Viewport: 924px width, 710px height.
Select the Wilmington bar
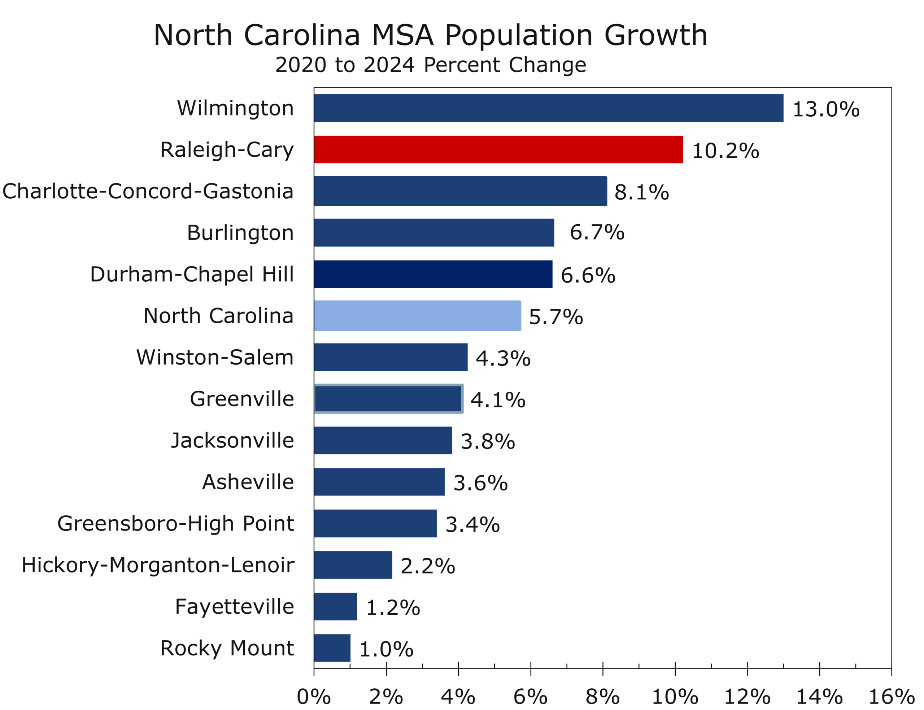[548, 108]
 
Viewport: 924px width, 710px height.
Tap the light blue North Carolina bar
[417, 316]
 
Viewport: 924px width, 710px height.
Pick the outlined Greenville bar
[388, 399]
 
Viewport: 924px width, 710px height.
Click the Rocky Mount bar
[332, 648]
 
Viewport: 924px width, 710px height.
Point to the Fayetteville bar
[335, 606]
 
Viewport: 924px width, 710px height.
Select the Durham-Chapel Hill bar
[433, 274]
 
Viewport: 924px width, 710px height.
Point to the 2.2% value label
[427, 566]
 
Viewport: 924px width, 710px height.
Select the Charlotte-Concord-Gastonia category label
[148, 191]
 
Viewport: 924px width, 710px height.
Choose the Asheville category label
[248, 482]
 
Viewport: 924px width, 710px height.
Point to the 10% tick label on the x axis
[675, 697]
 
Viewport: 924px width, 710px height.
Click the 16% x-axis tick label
[891, 697]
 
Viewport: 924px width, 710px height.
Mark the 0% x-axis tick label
[313, 697]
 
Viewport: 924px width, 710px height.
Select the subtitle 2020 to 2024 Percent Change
[430, 65]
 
